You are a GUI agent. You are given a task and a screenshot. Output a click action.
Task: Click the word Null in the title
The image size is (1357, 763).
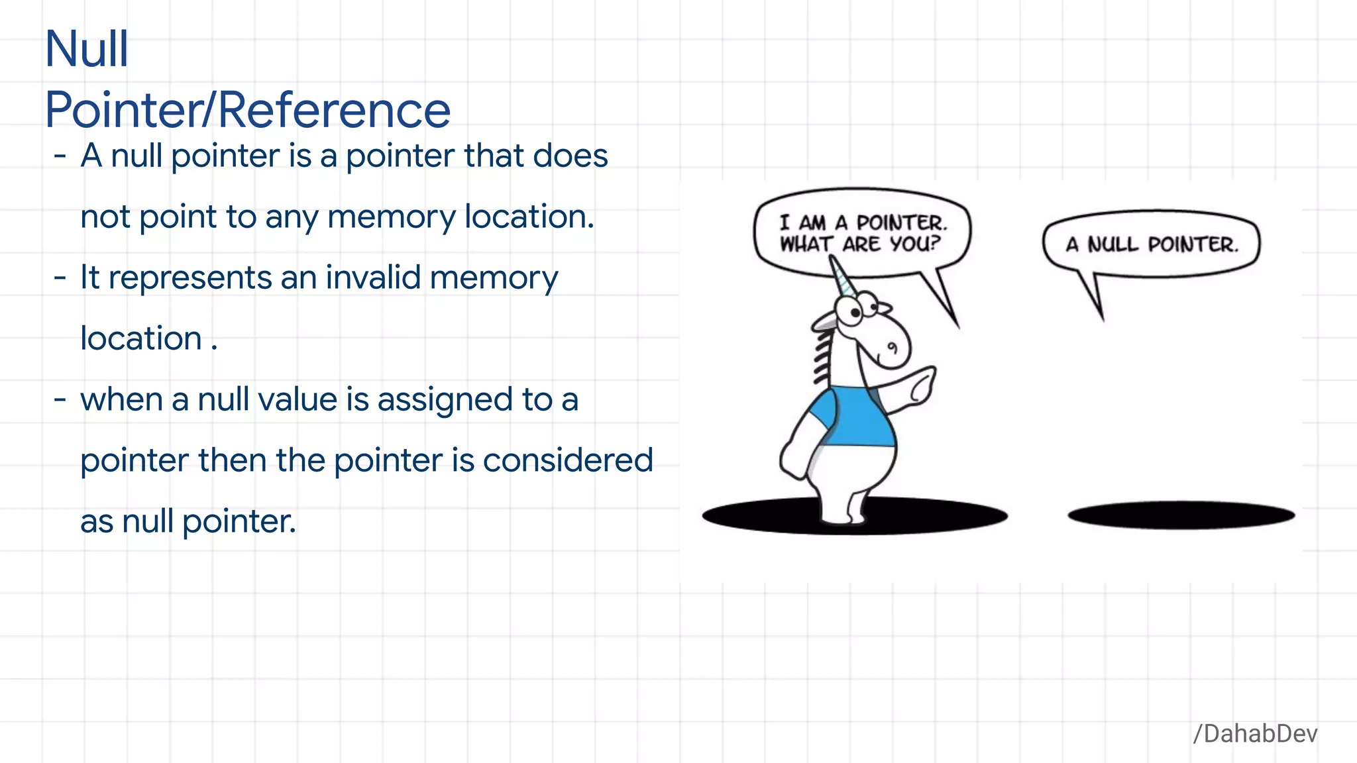pyautogui.click(x=87, y=49)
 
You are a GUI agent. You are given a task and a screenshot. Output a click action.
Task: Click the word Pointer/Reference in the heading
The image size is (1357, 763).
pyautogui.click(x=248, y=110)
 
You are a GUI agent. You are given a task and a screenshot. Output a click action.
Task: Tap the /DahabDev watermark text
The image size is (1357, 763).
pyautogui.click(x=1255, y=734)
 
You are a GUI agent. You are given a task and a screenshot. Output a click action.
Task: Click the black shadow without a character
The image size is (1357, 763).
pyautogui.click(x=1181, y=515)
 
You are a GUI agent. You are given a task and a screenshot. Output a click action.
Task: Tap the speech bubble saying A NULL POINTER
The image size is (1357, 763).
pyautogui.click(x=1152, y=244)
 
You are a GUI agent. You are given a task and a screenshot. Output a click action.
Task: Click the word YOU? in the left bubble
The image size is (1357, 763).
pyautogui.click(x=914, y=244)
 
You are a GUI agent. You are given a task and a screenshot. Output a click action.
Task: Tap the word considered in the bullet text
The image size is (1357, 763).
pyautogui.click(x=568, y=460)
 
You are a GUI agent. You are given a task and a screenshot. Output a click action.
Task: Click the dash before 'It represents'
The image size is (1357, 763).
pyautogui.click(x=60, y=278)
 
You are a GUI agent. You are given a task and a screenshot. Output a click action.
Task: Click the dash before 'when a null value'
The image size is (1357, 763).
pyautogui.click(x=60, y=399)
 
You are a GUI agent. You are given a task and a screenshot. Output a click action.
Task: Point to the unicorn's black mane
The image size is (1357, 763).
pyautogui.click(x=822, y=358)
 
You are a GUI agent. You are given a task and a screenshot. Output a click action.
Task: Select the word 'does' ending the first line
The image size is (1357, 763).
pyautogui.click(x=570, y=156)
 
